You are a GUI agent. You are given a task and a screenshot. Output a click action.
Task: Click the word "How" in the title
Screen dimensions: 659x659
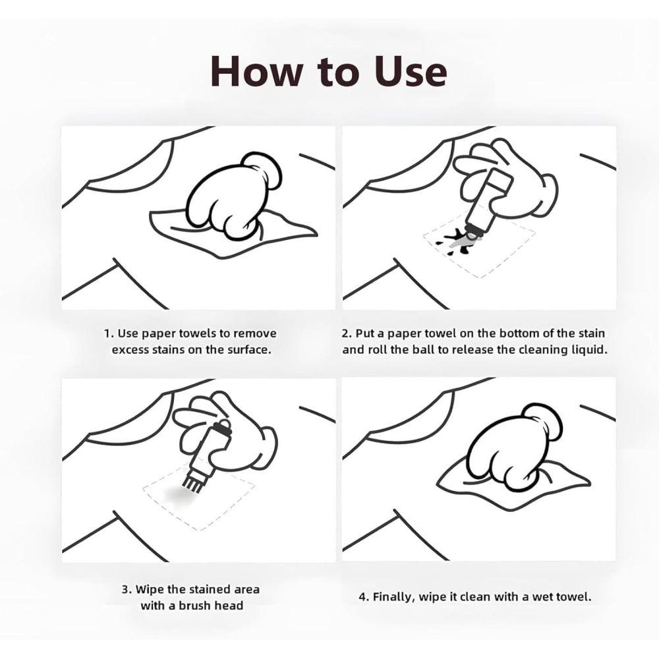(x=256, y=71)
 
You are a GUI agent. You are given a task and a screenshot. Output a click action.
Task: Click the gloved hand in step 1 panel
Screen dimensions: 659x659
(x=234, y=196)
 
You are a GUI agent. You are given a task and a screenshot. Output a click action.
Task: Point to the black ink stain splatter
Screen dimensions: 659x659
(x=455, y=242)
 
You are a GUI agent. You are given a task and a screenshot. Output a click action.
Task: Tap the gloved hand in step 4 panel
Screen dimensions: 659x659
(x=515, y=447)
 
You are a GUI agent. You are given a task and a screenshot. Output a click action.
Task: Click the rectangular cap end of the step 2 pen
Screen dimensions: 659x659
(x=500, y=179)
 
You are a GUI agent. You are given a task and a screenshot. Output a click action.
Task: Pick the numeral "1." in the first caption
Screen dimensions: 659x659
(x=109, y=333)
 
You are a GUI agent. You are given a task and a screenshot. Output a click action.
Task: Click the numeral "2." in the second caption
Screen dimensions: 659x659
(x=347, y=333)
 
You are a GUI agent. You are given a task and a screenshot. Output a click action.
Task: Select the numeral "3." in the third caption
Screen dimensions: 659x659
(x=127, y=589)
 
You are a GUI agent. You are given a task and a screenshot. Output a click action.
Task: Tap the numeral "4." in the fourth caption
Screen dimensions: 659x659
(x=364, y=597)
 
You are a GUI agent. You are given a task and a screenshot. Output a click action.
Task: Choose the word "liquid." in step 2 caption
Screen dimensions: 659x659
(x=590, y=350)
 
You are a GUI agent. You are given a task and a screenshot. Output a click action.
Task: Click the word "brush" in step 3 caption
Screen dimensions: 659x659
(x=195, y=605)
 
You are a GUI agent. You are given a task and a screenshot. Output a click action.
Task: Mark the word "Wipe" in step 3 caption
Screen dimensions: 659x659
(x=150, y=590)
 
